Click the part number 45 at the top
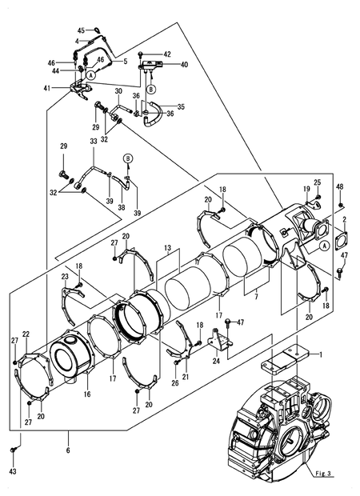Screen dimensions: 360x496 coord(81,30)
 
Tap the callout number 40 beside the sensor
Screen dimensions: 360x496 coord(184,65)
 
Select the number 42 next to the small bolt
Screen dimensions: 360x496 coord(167,54)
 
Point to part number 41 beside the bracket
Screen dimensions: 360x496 coord(47,88)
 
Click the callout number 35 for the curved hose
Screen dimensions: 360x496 coord(181,106)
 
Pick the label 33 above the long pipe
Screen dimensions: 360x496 coord(94,142)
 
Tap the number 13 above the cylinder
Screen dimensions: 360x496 coord(168,248)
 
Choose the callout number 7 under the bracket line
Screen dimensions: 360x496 coord(256,296)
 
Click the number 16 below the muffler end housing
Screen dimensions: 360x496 coord(87,394)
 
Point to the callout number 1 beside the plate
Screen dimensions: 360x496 coord(321,354)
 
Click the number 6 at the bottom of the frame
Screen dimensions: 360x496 coord(68,450)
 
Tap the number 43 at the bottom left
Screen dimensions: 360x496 coord(13,472)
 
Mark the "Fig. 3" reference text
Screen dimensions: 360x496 coord(323,474)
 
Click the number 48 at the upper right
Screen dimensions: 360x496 coord(340,187)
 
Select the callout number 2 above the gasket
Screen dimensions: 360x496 coord(345,220)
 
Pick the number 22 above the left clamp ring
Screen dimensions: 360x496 coord(26,334)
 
